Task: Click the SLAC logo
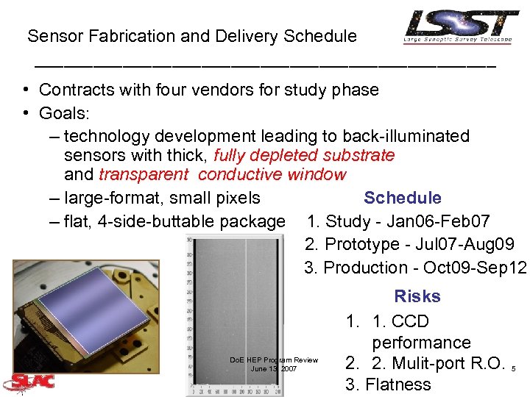tap(28, 382)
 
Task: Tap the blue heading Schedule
tap(403, 198)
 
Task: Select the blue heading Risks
tap(417, 296)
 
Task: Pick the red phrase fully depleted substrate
tap(304, 155)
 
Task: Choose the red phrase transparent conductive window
tap(222, 174)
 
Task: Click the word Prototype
tap(362, 244)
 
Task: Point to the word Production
tap(366, 268)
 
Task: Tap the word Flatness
tap(398, 385)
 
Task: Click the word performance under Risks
tap(421, 343)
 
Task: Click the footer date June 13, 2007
tap(274, 368)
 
